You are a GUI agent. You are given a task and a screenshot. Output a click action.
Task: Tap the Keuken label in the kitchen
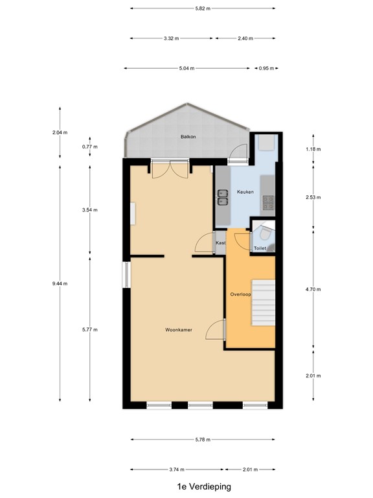point(245,192)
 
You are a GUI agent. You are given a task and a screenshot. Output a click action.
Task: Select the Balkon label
point(188,137)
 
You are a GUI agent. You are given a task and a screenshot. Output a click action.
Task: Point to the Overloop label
point(240,294)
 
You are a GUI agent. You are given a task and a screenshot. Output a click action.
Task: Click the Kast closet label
point(220,243)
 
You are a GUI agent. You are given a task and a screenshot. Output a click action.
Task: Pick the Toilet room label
point(260,248)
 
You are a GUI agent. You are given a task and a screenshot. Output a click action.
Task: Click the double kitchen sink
point(223,197)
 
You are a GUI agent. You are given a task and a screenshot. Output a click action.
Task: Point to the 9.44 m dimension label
point(60,283)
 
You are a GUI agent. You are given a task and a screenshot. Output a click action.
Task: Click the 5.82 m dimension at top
point(203,8)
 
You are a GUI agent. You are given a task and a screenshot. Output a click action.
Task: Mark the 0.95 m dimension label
point(266,68)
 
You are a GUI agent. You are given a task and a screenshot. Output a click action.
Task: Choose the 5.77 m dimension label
point(90,329)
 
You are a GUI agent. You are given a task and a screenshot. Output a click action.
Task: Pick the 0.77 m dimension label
point(90,147)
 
